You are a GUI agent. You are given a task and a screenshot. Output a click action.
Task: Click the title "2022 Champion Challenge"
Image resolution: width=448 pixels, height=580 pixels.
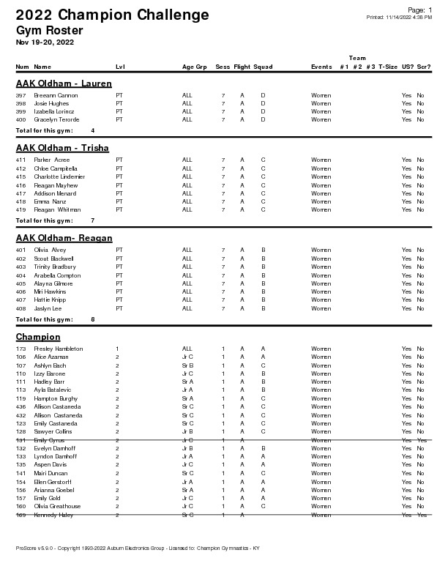112,15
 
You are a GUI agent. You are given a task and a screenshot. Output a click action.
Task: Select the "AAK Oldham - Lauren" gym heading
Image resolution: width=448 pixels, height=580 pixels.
64,83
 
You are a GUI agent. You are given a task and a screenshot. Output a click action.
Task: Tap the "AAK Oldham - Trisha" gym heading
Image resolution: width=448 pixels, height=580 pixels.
62,148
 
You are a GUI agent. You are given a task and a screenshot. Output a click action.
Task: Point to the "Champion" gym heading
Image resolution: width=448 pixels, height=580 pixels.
38,337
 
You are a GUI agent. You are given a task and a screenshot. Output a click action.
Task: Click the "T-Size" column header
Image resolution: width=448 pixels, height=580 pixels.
388,67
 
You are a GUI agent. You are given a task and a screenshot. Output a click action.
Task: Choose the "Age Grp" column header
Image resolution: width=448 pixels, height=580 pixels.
195,67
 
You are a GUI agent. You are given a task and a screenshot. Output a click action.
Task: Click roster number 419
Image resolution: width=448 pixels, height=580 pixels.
20,210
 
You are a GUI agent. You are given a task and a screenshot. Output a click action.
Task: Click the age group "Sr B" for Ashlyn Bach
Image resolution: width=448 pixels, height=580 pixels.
187,365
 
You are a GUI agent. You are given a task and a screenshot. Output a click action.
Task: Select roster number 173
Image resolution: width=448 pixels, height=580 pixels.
20,349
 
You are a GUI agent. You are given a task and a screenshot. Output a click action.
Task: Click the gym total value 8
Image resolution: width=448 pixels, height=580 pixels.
93,319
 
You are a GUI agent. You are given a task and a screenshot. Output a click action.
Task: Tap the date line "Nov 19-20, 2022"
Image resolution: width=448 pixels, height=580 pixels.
45,42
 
